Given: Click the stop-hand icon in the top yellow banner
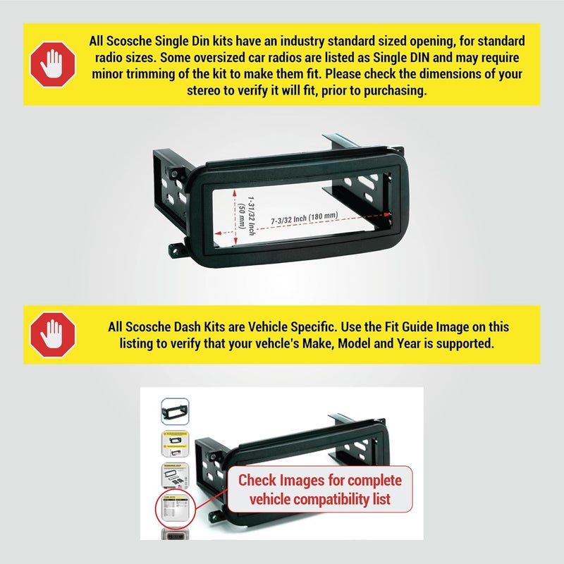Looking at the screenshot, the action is (x=52, y=64).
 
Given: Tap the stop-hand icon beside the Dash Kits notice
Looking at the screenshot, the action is (x=52, y=334).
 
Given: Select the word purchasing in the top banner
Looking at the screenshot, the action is (x=396, y=91).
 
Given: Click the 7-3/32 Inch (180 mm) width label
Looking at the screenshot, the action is (x=305, y=218).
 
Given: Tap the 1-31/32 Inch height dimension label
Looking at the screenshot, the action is (x=252, y=216).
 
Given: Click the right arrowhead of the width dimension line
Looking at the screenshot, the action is (x=387, y=215).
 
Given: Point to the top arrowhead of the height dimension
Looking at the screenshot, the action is (x=235, y=193).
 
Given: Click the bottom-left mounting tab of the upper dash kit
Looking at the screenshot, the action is (x=176, y=250).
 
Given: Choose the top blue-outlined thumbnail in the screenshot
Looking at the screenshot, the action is (x=175, y=411).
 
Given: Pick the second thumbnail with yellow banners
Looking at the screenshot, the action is (x=175, y=444).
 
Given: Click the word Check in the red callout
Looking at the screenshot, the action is (x=257, y=481).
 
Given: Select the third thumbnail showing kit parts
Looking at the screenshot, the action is (x=175, y=475).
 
